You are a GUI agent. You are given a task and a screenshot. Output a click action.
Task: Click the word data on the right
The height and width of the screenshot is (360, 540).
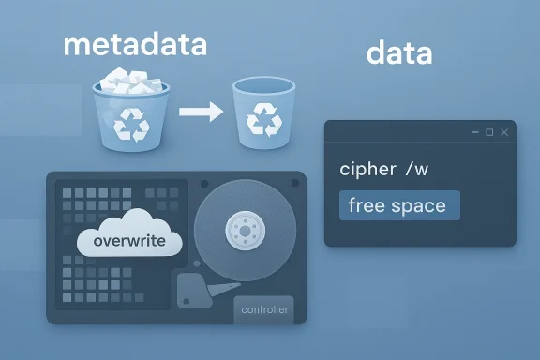399,52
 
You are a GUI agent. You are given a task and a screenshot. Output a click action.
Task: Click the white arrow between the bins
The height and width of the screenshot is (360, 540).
200,112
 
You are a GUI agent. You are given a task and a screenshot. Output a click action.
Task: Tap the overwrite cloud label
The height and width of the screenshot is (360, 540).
130,241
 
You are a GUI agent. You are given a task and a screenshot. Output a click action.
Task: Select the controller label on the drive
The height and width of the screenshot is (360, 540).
265,309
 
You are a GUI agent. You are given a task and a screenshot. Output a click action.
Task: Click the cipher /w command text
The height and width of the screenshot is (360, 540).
385,170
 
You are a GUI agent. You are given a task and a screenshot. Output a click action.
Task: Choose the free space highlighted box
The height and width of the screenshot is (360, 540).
398,205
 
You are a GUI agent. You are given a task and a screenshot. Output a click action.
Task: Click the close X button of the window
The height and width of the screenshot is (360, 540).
504,133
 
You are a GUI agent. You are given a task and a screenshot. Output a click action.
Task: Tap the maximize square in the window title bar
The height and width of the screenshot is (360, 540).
489,133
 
